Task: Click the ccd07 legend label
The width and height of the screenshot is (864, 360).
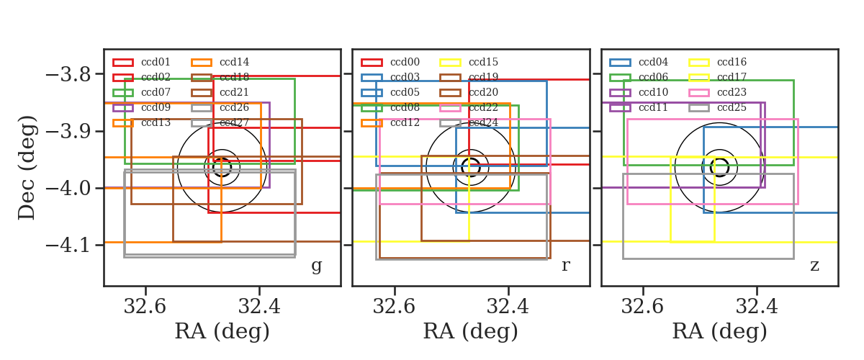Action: click(x=156, y=92)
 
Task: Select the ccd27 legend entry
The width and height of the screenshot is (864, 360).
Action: click(x=220, y=122)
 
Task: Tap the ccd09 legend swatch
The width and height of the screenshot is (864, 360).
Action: click(x=123, y=108)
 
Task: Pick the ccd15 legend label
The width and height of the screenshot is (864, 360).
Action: click(x=483, y=62)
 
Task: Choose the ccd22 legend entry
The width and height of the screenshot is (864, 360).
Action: click(x=469, y=107)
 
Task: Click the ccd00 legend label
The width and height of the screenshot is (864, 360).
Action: click(x=405, y=62)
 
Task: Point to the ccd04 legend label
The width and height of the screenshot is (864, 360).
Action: click(x=653, y=62)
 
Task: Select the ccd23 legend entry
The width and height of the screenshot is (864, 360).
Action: click(x=717, y=92)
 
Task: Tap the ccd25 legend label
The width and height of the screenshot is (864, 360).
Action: click(x=732, y=107)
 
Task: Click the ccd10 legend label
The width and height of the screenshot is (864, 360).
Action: click(x=653, y=92)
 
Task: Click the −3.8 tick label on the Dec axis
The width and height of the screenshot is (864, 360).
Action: click(x=68, y=74)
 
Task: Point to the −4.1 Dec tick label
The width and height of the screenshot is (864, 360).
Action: click(x=68, y=246)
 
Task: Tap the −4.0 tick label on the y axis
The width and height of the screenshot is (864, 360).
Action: click(x=68, y=189)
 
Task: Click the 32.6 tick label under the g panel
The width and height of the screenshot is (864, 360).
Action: click(x=145, y=307)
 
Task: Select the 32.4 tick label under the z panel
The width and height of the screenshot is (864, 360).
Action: click(x=757, y=307)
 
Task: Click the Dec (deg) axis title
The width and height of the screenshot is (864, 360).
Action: click(x=27, y=168)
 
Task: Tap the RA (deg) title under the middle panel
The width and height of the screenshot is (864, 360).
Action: click(x=471, y=331)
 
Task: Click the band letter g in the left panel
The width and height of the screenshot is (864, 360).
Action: click(x=316, y=266)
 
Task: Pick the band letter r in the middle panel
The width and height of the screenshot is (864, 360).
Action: click(x=565, y=265)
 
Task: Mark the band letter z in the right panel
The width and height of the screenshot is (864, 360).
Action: click(x=814, y=266)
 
